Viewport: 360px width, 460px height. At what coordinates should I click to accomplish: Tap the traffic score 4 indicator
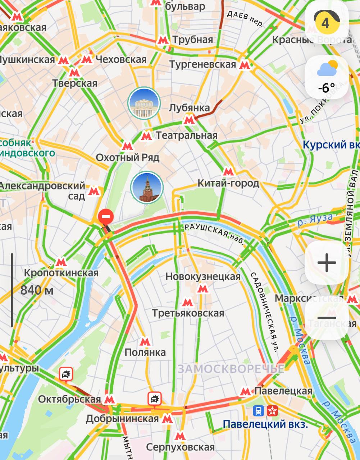326,23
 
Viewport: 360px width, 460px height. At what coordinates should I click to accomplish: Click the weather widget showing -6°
327,77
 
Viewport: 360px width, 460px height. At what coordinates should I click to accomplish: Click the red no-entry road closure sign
106,217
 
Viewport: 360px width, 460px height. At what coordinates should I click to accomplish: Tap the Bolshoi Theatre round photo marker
144,103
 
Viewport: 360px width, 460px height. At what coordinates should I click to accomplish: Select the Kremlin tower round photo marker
147,187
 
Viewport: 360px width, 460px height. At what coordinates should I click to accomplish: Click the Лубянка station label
190,108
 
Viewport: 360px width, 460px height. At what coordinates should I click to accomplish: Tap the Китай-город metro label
228,183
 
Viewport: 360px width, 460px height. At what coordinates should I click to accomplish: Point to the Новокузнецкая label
203,277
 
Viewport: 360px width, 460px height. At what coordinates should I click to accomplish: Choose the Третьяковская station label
188,313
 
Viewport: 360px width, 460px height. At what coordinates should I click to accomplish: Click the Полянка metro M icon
145,341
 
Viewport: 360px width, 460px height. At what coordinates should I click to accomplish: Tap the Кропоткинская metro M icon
61,262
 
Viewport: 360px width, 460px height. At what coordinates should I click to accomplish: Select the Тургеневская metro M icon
245,65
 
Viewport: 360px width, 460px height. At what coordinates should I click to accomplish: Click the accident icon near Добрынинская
155,399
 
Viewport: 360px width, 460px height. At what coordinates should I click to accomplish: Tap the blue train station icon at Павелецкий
258,410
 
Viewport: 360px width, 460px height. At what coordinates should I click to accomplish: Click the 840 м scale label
37,290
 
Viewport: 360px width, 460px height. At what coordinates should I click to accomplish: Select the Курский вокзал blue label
331,145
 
